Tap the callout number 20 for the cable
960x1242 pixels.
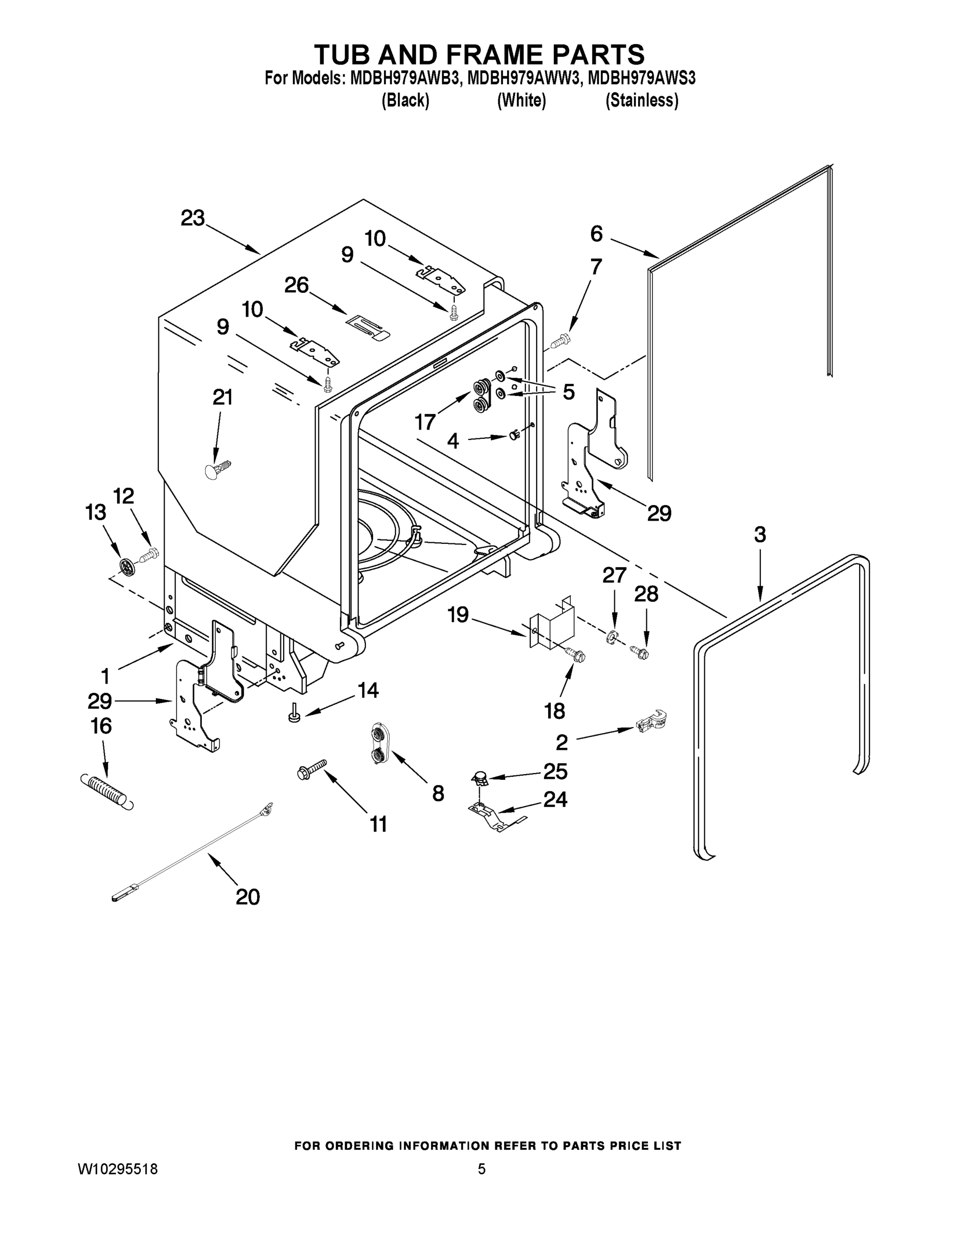(247, 897)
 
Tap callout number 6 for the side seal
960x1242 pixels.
(596, 234)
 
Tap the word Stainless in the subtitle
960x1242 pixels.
(642, 101)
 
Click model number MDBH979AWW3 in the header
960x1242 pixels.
(523, 78)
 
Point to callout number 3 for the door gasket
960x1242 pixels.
(760, 535)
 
